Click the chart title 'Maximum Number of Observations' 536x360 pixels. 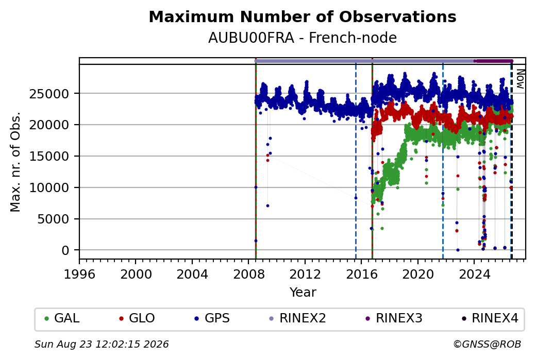click(x=303, y=16)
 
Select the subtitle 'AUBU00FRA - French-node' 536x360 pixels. click(x=303, y=38)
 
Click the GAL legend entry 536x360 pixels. click(x=62, y=318)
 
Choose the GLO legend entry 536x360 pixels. click(x=137, y=318)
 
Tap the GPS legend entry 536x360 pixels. click(x=212, y=318)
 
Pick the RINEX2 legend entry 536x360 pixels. click(x=298, y=318)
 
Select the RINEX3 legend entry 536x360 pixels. click(x=394, y=318)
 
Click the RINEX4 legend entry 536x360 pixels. click(x=490, y=318)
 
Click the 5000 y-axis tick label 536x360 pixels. click(x=53, y=219)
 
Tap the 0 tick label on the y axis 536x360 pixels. click(x=65, y=250)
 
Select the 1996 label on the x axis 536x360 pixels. click(x=79, y=274)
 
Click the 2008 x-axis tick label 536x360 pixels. click(x=249, y=274)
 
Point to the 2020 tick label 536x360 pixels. click(x=418, y=274)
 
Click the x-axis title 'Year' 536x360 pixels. click(x=303, y=293)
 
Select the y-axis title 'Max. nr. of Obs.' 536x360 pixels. click(x=15, y=162)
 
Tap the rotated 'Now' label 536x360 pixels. click(x=520, y=79)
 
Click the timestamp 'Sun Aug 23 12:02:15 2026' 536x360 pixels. click(x=102, y=344)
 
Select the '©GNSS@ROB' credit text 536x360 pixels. click(x=487, y=344)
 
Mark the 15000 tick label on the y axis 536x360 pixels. click(x=49, y=156)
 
